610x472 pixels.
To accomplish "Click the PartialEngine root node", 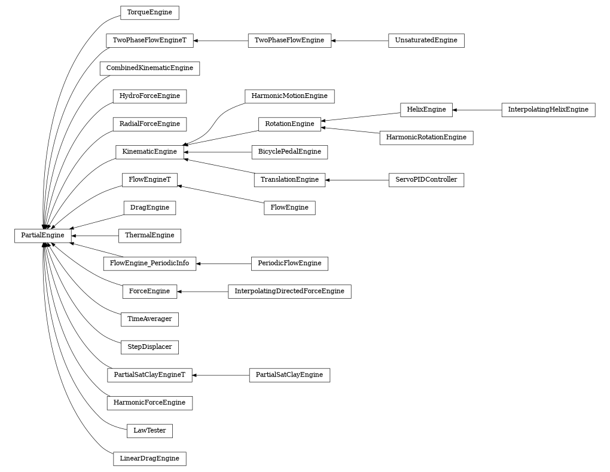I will click(x=42, y=235).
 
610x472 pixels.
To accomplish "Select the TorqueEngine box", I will click(x=150, y=13).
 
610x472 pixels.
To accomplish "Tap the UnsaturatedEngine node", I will click(x=426, y=41).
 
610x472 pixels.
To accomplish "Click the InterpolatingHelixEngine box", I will click(x=548, y=110).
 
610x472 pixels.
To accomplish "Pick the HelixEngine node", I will click(x=426, y=110).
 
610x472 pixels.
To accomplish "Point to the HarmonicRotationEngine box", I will click(x=426, y=137).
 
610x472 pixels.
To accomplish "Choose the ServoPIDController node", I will click(x=426, y=180).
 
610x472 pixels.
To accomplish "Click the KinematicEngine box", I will click(x=150, y=152).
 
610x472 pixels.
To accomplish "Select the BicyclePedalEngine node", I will click(x=289, y=152).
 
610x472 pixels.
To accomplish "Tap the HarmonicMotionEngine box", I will click(x=289, y=96).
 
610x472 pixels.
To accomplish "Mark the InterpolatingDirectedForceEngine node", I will click(x=289, y=292).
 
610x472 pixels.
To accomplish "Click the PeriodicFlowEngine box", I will click(x=289, y=263).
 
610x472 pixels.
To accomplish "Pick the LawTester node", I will click(x=150, y=431).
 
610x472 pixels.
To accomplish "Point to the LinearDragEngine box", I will click(x=150, y=459).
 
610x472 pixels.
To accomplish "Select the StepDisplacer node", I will click(x=150, y=347).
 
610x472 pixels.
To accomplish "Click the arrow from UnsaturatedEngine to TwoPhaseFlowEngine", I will click(x=359, y=41).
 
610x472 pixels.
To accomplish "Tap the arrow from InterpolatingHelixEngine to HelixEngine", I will click(x=477, y=110).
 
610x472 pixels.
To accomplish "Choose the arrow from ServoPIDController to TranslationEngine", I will click(x=356, y=180).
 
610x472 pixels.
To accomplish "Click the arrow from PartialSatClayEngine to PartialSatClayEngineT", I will click(x=221, y=375).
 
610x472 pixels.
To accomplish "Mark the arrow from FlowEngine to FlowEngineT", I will click(x=221, y=194).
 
